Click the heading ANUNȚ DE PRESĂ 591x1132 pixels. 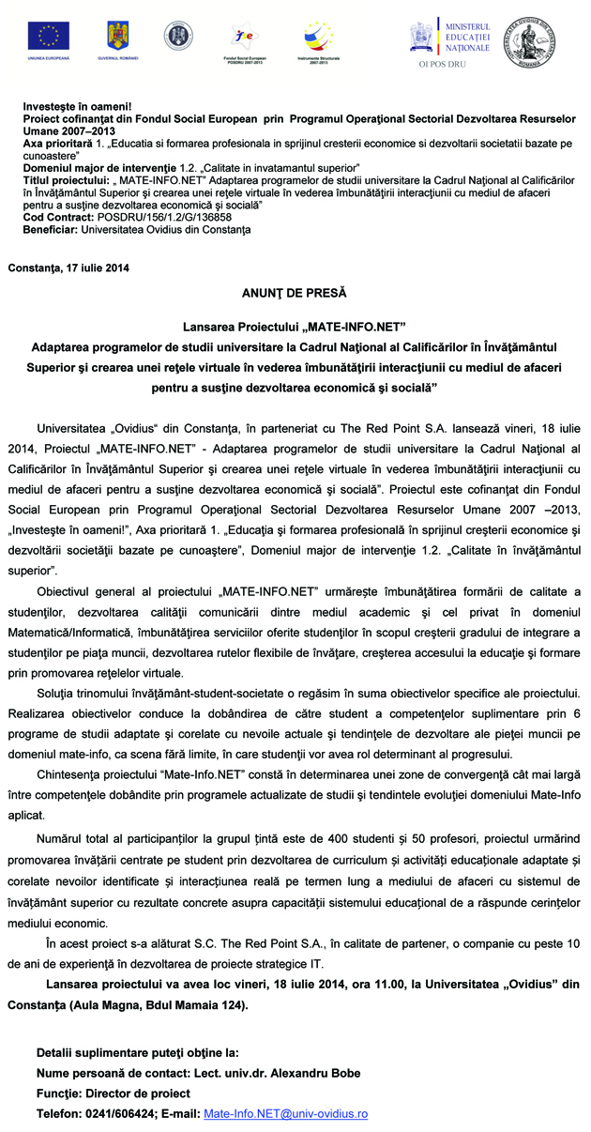[295, 293]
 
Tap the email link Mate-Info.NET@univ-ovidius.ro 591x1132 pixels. [285, 1113]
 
